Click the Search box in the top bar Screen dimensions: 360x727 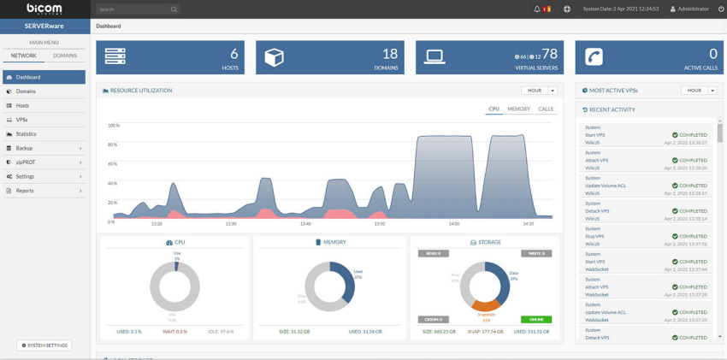click(137, 9)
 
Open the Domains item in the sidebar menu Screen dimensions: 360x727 click(26, 91)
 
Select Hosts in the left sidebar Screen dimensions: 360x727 click(23, 105)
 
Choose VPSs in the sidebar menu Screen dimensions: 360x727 click(22, 120)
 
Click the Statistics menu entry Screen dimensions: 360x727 click(26, 134)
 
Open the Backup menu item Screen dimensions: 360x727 click(24, 148)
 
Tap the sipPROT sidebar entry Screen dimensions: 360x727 click(25, 162)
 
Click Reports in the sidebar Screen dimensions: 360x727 click(25, 191)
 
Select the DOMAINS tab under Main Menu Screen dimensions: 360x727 click(65, 56)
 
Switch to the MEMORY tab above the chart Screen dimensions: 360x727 click(518, 109)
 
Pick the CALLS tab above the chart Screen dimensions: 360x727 click(546, 109)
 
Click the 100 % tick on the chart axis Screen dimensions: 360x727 click(112, 126)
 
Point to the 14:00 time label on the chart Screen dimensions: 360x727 click(453, 224)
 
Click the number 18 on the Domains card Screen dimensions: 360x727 click(390, 54)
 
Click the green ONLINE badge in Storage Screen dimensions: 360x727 click(536, 319)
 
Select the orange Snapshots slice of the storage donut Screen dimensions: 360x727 click(485, 304)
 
